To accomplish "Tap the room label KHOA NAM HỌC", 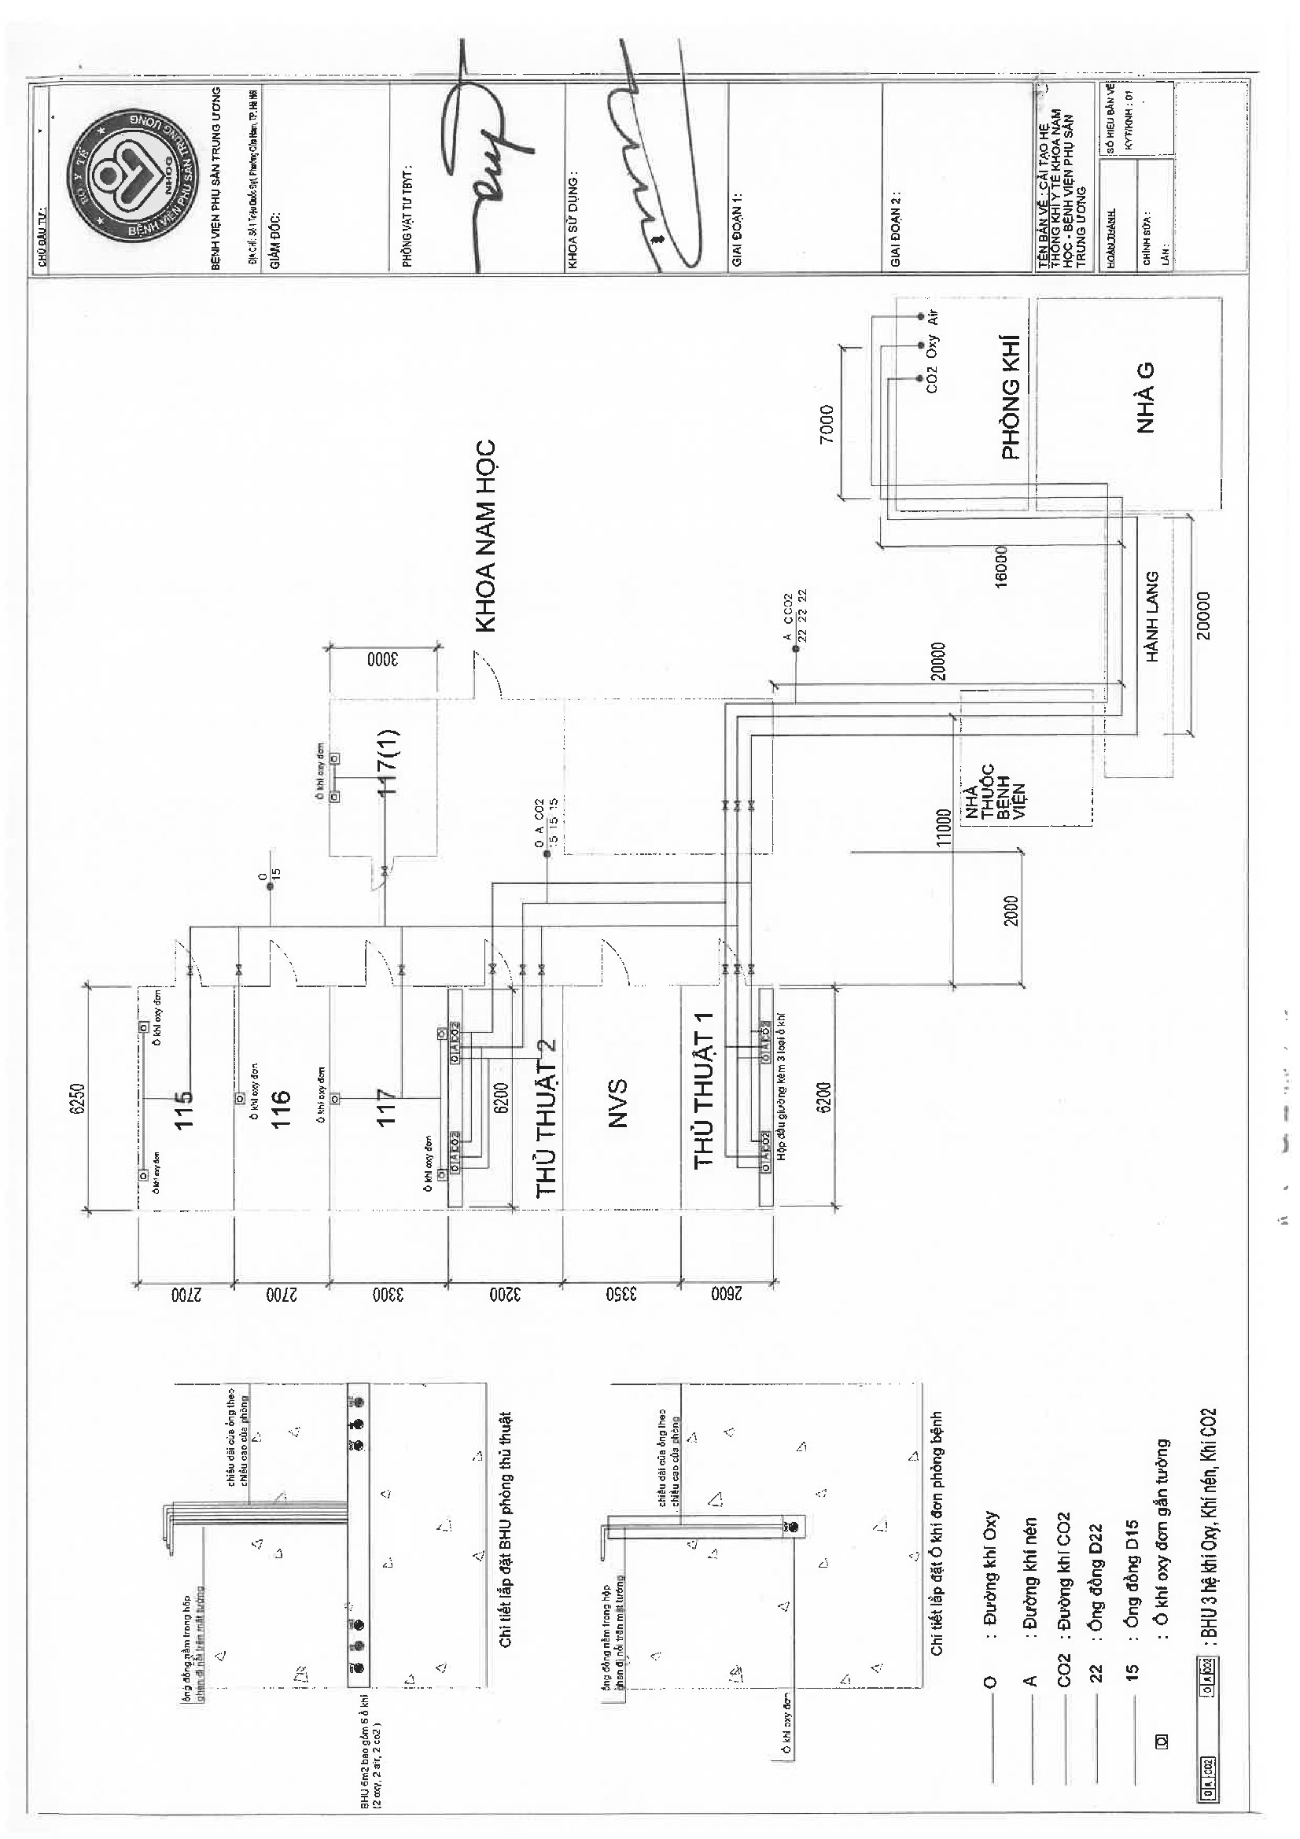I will pyautogui.click(x=486, y=536).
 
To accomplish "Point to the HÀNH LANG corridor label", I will pyautogui.click(x=1152, y=617).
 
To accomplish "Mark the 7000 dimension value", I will pyautogui.click(x=827, y=424).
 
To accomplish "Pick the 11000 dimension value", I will pyautogui.click(x=943, y=827).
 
